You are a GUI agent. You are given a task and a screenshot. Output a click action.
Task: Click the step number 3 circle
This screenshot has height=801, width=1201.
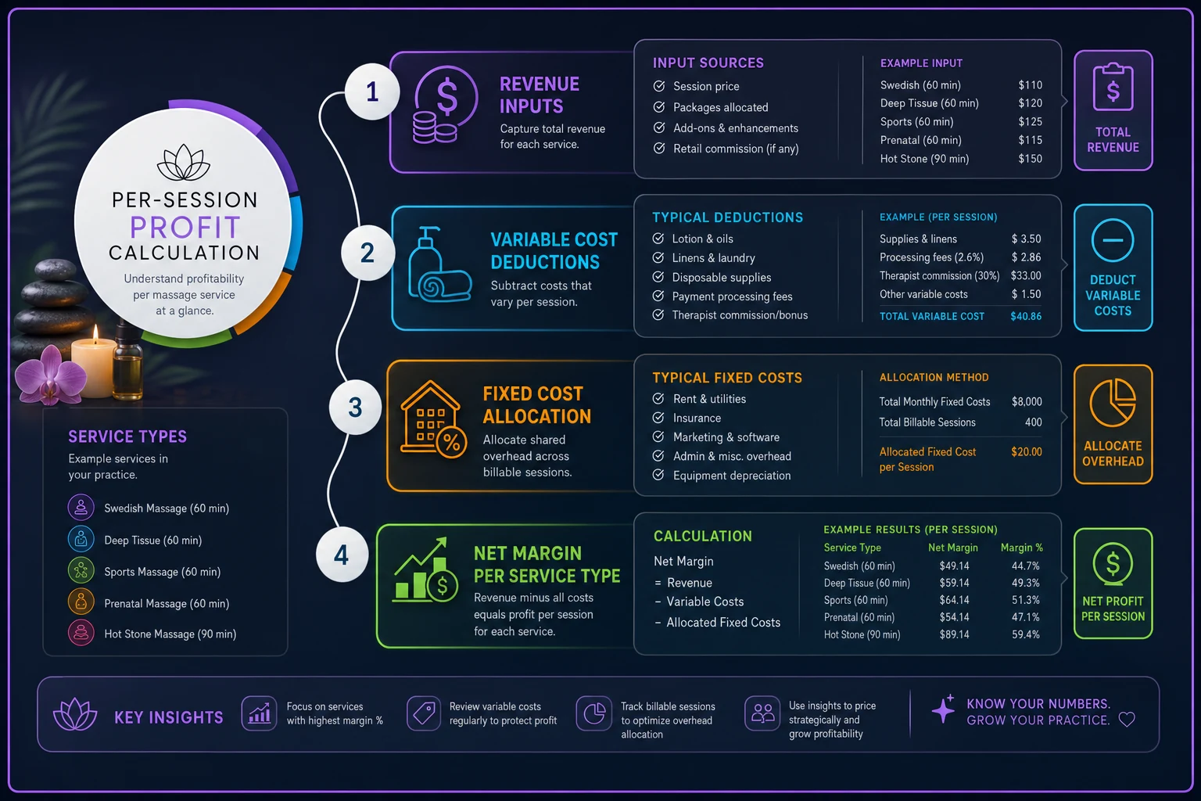click(355, 408)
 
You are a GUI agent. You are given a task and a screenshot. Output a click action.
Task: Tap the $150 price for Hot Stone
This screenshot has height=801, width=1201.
click(1030, 159)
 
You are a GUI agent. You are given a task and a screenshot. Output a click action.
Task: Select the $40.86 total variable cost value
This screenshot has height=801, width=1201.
click(1026, 316)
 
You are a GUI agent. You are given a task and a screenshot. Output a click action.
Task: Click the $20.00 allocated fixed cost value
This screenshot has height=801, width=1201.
click(1026, 452)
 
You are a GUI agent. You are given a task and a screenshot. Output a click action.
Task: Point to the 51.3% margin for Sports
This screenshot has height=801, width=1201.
click(1025, 600)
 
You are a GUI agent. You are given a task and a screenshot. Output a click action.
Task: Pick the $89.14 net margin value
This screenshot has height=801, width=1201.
click(954, 634)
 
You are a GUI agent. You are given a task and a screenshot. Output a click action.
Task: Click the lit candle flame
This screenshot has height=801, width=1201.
click(95, 334)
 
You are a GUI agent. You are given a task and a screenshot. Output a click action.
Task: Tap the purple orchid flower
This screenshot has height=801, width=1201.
click(50, 375)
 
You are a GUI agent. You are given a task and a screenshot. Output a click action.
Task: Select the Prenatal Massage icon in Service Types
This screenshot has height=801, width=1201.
click(81, 602)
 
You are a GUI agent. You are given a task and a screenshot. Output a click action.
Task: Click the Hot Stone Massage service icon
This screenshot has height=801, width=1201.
click(81, 633)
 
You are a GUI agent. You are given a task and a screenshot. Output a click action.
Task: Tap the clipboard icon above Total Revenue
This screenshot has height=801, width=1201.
click(1113, 87)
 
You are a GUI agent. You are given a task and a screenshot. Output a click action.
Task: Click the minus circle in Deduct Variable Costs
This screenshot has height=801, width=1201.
click(1113, 240)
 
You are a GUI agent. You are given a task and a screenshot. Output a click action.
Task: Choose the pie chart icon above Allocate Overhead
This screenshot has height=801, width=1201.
click(1113, 402)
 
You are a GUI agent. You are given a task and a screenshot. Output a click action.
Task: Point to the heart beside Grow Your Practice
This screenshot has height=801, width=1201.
click(1127, 720)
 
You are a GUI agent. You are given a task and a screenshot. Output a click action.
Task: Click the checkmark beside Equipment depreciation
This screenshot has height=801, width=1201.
click(658, 475)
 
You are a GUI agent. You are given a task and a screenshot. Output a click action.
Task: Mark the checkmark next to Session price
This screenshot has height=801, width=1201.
click(659, 86)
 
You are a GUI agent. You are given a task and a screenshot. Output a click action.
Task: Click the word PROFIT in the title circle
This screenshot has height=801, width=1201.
click(185, 228)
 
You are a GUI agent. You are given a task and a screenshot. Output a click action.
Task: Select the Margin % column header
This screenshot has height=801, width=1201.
click(1021, 548)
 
